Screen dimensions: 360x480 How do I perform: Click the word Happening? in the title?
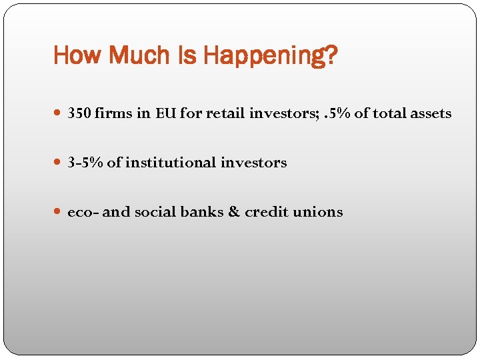click(271, 56)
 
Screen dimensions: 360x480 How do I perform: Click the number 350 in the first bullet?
click(79, 114)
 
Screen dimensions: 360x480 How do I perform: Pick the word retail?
click(224, 114)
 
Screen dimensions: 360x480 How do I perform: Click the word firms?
click(113, 114)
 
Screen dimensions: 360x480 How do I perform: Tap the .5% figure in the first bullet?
click(335, 114)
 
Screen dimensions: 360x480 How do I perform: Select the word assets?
click(429, 114)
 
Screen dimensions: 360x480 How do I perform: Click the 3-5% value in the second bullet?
click(85, 163)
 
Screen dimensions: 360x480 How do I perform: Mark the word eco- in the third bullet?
click(83, 212)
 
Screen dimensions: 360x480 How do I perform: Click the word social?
click(153, 212)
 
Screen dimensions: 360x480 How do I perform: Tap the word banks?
click(199, 212)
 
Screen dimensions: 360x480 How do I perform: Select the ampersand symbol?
click(233, 212)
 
